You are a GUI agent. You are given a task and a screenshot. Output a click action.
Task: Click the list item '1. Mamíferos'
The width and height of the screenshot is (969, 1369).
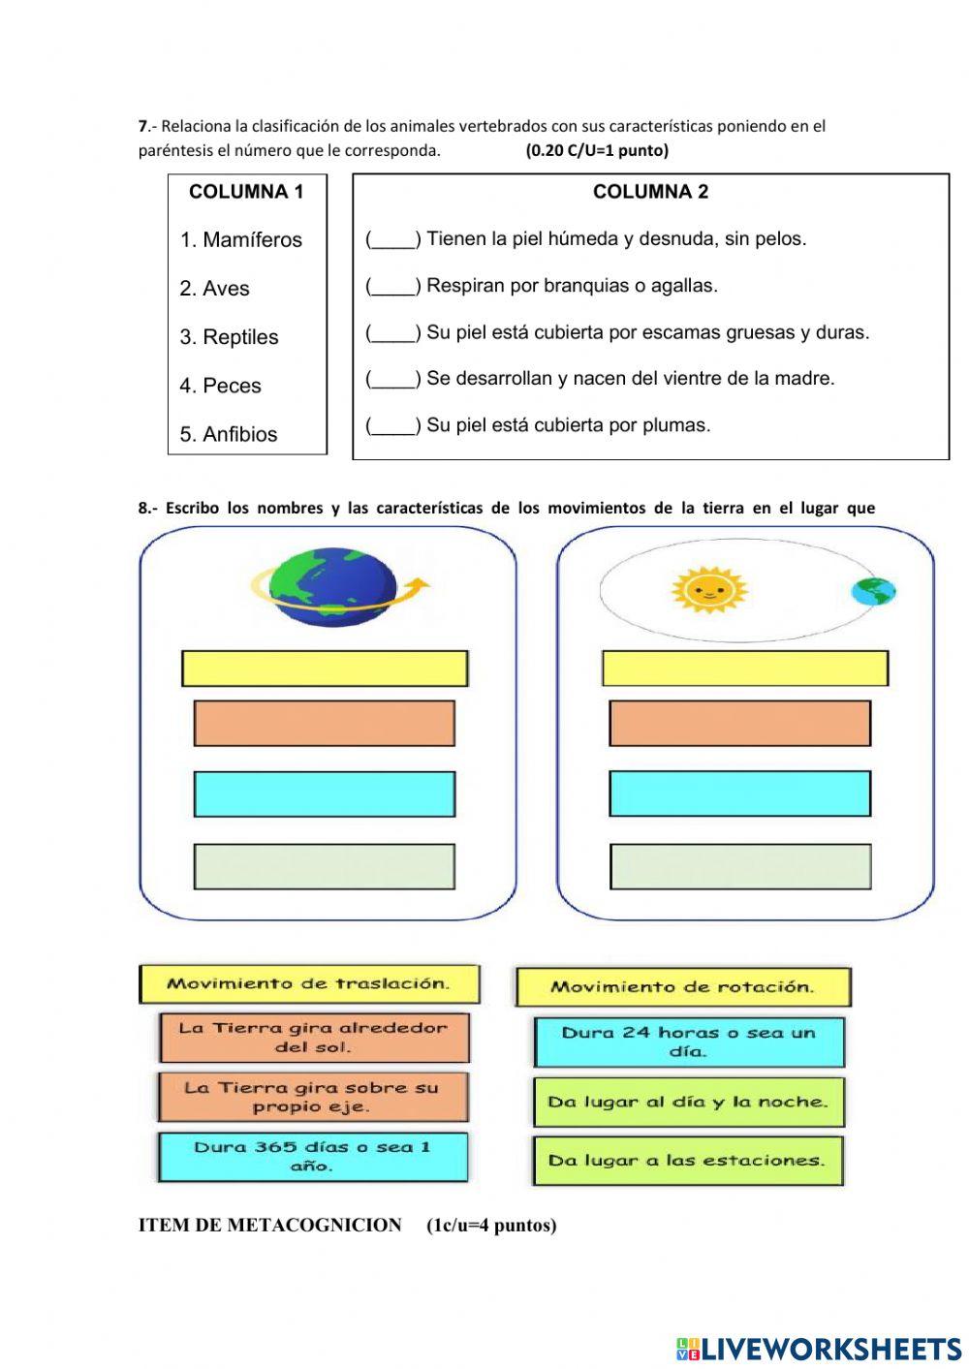240,240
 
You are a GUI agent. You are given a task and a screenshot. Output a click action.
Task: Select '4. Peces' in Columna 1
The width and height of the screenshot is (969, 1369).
220,386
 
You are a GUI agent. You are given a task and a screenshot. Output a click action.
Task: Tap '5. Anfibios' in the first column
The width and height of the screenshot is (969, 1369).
229,434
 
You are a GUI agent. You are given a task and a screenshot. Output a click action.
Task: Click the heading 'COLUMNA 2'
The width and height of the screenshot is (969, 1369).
650,192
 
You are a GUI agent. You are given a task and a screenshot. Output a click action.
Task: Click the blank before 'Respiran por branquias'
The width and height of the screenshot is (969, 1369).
392,286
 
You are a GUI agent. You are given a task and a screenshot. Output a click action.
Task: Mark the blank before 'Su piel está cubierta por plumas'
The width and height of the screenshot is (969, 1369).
392,425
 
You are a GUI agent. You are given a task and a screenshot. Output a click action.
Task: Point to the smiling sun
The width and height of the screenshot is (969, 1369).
709,589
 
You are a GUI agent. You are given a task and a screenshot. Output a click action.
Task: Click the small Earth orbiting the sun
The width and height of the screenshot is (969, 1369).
873,591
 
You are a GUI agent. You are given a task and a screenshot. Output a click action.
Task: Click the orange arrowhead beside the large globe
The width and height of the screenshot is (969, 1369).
419,584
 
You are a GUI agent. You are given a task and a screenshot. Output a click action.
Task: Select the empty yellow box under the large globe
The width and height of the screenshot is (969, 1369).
325,669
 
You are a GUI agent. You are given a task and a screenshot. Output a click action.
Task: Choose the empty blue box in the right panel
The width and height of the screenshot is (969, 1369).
739,793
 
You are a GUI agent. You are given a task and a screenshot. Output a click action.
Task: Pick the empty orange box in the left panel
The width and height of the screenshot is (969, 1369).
325,723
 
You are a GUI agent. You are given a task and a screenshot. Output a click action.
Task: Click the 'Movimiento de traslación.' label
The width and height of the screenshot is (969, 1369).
309,983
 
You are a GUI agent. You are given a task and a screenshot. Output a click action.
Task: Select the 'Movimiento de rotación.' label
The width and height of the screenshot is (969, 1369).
682,987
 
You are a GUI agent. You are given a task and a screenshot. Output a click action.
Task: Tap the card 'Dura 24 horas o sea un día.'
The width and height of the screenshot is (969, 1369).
689,1042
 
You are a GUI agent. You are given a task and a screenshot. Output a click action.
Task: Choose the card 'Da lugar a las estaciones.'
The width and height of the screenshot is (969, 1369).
687,1161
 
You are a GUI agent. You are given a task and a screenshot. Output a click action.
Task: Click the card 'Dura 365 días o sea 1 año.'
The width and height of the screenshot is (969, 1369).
312,1157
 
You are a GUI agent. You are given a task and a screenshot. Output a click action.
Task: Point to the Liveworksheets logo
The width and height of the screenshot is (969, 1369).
819,1348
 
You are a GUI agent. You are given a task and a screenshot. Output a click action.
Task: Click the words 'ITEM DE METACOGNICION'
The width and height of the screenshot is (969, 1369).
269,1226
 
